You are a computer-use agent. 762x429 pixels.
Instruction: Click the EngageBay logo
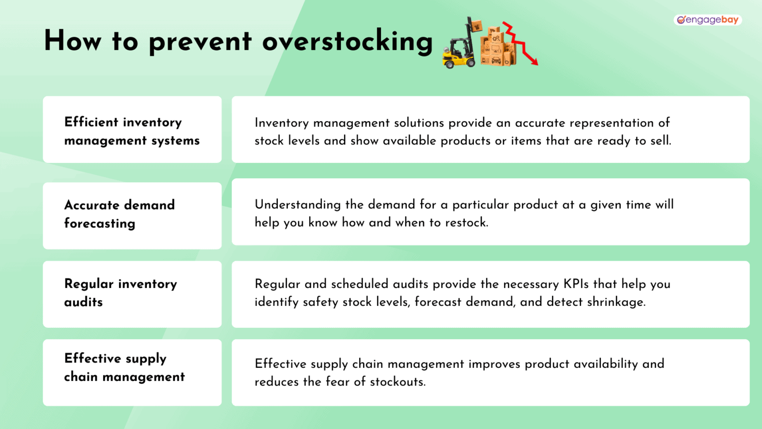(707, 20)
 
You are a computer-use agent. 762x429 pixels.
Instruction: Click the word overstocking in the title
(347, 41)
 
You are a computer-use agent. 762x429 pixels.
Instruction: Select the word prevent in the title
(200, 42)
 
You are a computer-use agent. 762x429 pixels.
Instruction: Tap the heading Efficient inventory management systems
(131, 131)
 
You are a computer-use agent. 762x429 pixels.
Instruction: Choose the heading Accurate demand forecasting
(119, 214)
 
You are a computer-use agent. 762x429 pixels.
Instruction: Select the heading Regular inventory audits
(120, 292)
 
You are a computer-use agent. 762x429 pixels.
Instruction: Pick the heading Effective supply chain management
(124, 367)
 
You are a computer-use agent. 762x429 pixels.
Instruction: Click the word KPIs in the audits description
(576, 284)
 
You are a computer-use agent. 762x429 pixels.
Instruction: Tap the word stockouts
(397, 382)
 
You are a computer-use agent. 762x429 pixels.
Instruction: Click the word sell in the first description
(660, 141)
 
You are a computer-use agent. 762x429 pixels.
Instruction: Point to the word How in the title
(72, 41)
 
